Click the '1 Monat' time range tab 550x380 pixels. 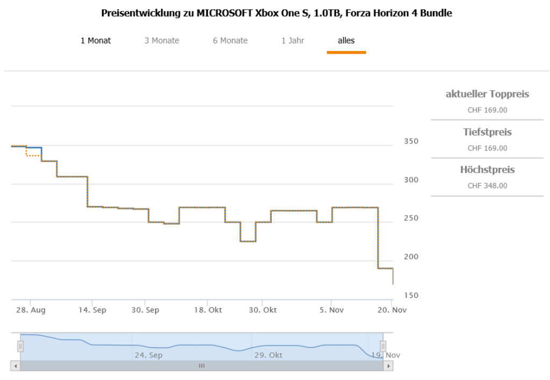point(96,40)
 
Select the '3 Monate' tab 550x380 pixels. point(162,40)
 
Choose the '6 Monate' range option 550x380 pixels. point(230,40)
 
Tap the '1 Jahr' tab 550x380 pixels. point(293,40)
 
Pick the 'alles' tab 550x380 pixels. point(346,40)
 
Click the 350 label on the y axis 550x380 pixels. point(411,141)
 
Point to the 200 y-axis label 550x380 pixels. point(411,257)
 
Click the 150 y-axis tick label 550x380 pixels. point(411,296)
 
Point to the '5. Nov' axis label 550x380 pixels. point(331,310)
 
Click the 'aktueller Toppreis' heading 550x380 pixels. point(487,95)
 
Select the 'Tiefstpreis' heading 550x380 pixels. point(487,132)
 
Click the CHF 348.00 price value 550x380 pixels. point(487,186)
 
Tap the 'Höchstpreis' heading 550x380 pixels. point(487,170)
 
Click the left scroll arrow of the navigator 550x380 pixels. point(15,365)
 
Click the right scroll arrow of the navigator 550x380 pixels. point(388,365)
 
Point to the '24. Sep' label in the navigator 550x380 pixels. point(148,355)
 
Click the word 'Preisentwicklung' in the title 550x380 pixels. point(137,13)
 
